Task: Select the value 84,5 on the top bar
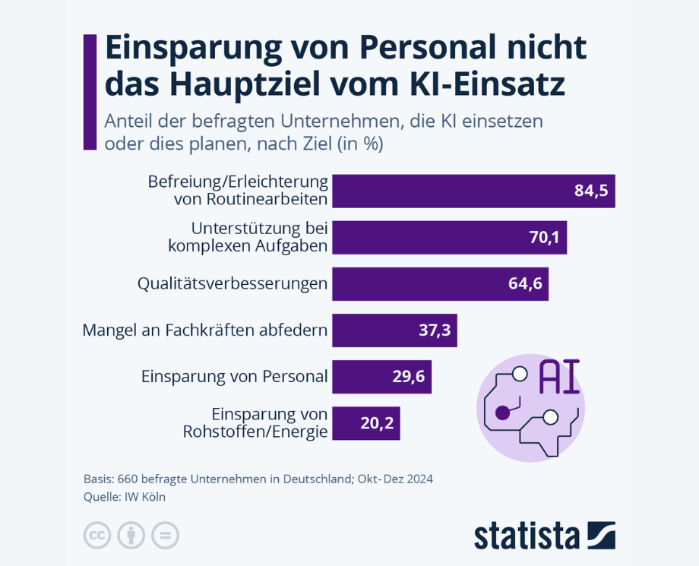tap(592, 191)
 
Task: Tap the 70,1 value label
tap(544, 237)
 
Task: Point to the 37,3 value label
tap(435, 330)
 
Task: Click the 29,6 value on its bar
tap(409, 377)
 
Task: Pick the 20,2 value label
tap(377, 423)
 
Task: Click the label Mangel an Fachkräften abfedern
tap(204, 330)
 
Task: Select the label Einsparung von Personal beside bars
tap(234, 376)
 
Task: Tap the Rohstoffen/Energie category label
tap(255, 432)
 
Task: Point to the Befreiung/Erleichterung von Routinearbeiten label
tap(238, 191)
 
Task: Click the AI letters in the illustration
tap(558, 378)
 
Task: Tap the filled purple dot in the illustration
tap(502, 413)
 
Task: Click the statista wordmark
tap(527, 535)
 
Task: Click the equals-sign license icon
tap(165, 535)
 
